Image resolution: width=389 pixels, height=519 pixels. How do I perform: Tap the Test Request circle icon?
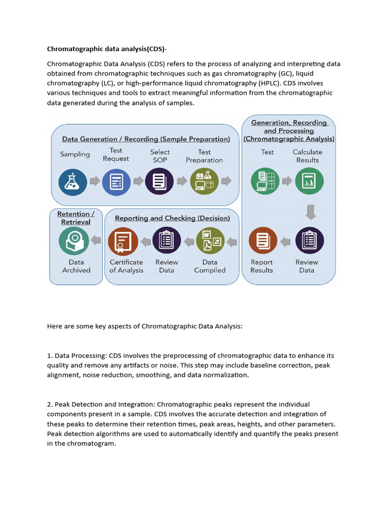[116, 181]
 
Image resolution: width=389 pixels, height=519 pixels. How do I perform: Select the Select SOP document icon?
[160, 181]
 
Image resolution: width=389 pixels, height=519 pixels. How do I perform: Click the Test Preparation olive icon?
[204, 181]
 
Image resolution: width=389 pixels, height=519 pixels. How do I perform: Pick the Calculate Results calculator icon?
[309, 181]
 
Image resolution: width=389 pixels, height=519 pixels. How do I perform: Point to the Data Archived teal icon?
[73, 240]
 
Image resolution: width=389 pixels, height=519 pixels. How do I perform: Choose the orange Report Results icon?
[263, 241]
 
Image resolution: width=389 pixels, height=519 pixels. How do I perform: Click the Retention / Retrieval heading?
[76, 218]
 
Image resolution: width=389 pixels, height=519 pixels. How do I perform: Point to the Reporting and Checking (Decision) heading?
[172, 218]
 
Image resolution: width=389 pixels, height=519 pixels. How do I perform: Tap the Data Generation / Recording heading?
[146, 139]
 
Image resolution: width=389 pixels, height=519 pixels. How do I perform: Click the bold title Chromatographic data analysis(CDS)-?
[107, 49]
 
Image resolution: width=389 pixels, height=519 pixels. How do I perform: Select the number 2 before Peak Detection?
[49, 404]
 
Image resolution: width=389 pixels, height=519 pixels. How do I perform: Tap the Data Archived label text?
[76, 266]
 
